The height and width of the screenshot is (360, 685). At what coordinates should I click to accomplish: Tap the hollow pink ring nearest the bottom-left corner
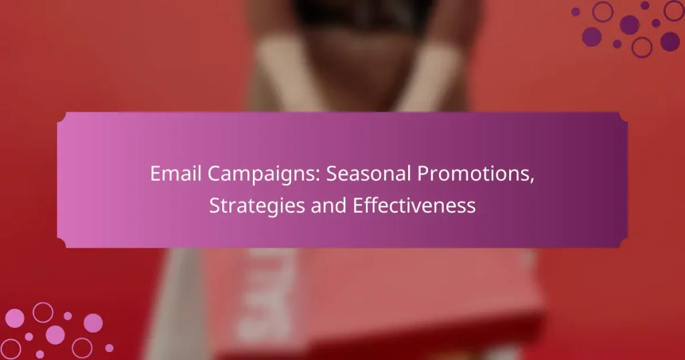[12, 347]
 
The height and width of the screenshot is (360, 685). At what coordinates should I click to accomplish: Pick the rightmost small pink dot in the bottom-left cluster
[109, 348]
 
